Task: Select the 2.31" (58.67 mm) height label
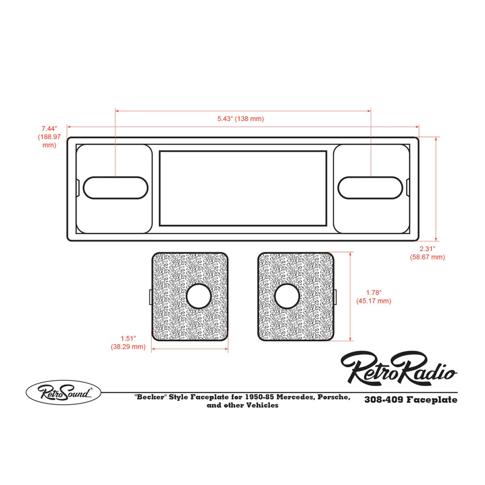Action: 427,253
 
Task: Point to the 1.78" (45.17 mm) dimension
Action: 373,297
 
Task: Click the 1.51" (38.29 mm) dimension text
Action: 128,342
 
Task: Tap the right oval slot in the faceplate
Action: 371,187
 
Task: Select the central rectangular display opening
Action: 242,188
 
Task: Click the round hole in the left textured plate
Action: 199,296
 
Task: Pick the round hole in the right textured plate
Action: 286,296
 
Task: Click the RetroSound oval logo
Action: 63,392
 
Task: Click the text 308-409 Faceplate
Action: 410,400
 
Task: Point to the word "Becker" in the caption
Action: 148,397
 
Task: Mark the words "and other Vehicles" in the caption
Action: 242,405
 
